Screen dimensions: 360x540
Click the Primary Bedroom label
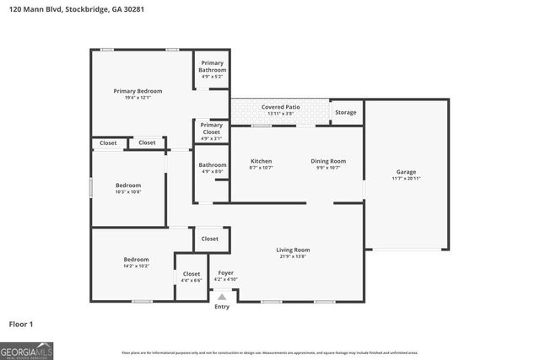click(x=138, y=91)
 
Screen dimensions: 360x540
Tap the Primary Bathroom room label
click(x=212, y=67)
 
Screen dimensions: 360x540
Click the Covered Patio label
click(x=281, y=108)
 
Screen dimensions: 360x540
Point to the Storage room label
click(x=345, y=112)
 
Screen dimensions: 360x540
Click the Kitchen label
click(x=261, y=160)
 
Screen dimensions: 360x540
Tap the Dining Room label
click(x=328, y=160)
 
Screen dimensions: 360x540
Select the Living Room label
click(x=293, y=250)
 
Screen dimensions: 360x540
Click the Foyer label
click(x=226, y=273)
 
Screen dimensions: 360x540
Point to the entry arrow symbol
click(x=222, y=296)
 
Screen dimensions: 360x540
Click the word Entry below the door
click(x=222, y=306)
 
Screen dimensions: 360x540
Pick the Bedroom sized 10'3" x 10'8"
click(x=128, y=185)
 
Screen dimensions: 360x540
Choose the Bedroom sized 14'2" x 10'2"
click(x=136, y=259)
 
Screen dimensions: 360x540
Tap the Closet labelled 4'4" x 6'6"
click(x=192, y=274)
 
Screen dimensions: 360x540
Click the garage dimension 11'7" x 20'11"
click(x=405, y=179)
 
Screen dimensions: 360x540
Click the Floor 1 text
click(x=21, y=323)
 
